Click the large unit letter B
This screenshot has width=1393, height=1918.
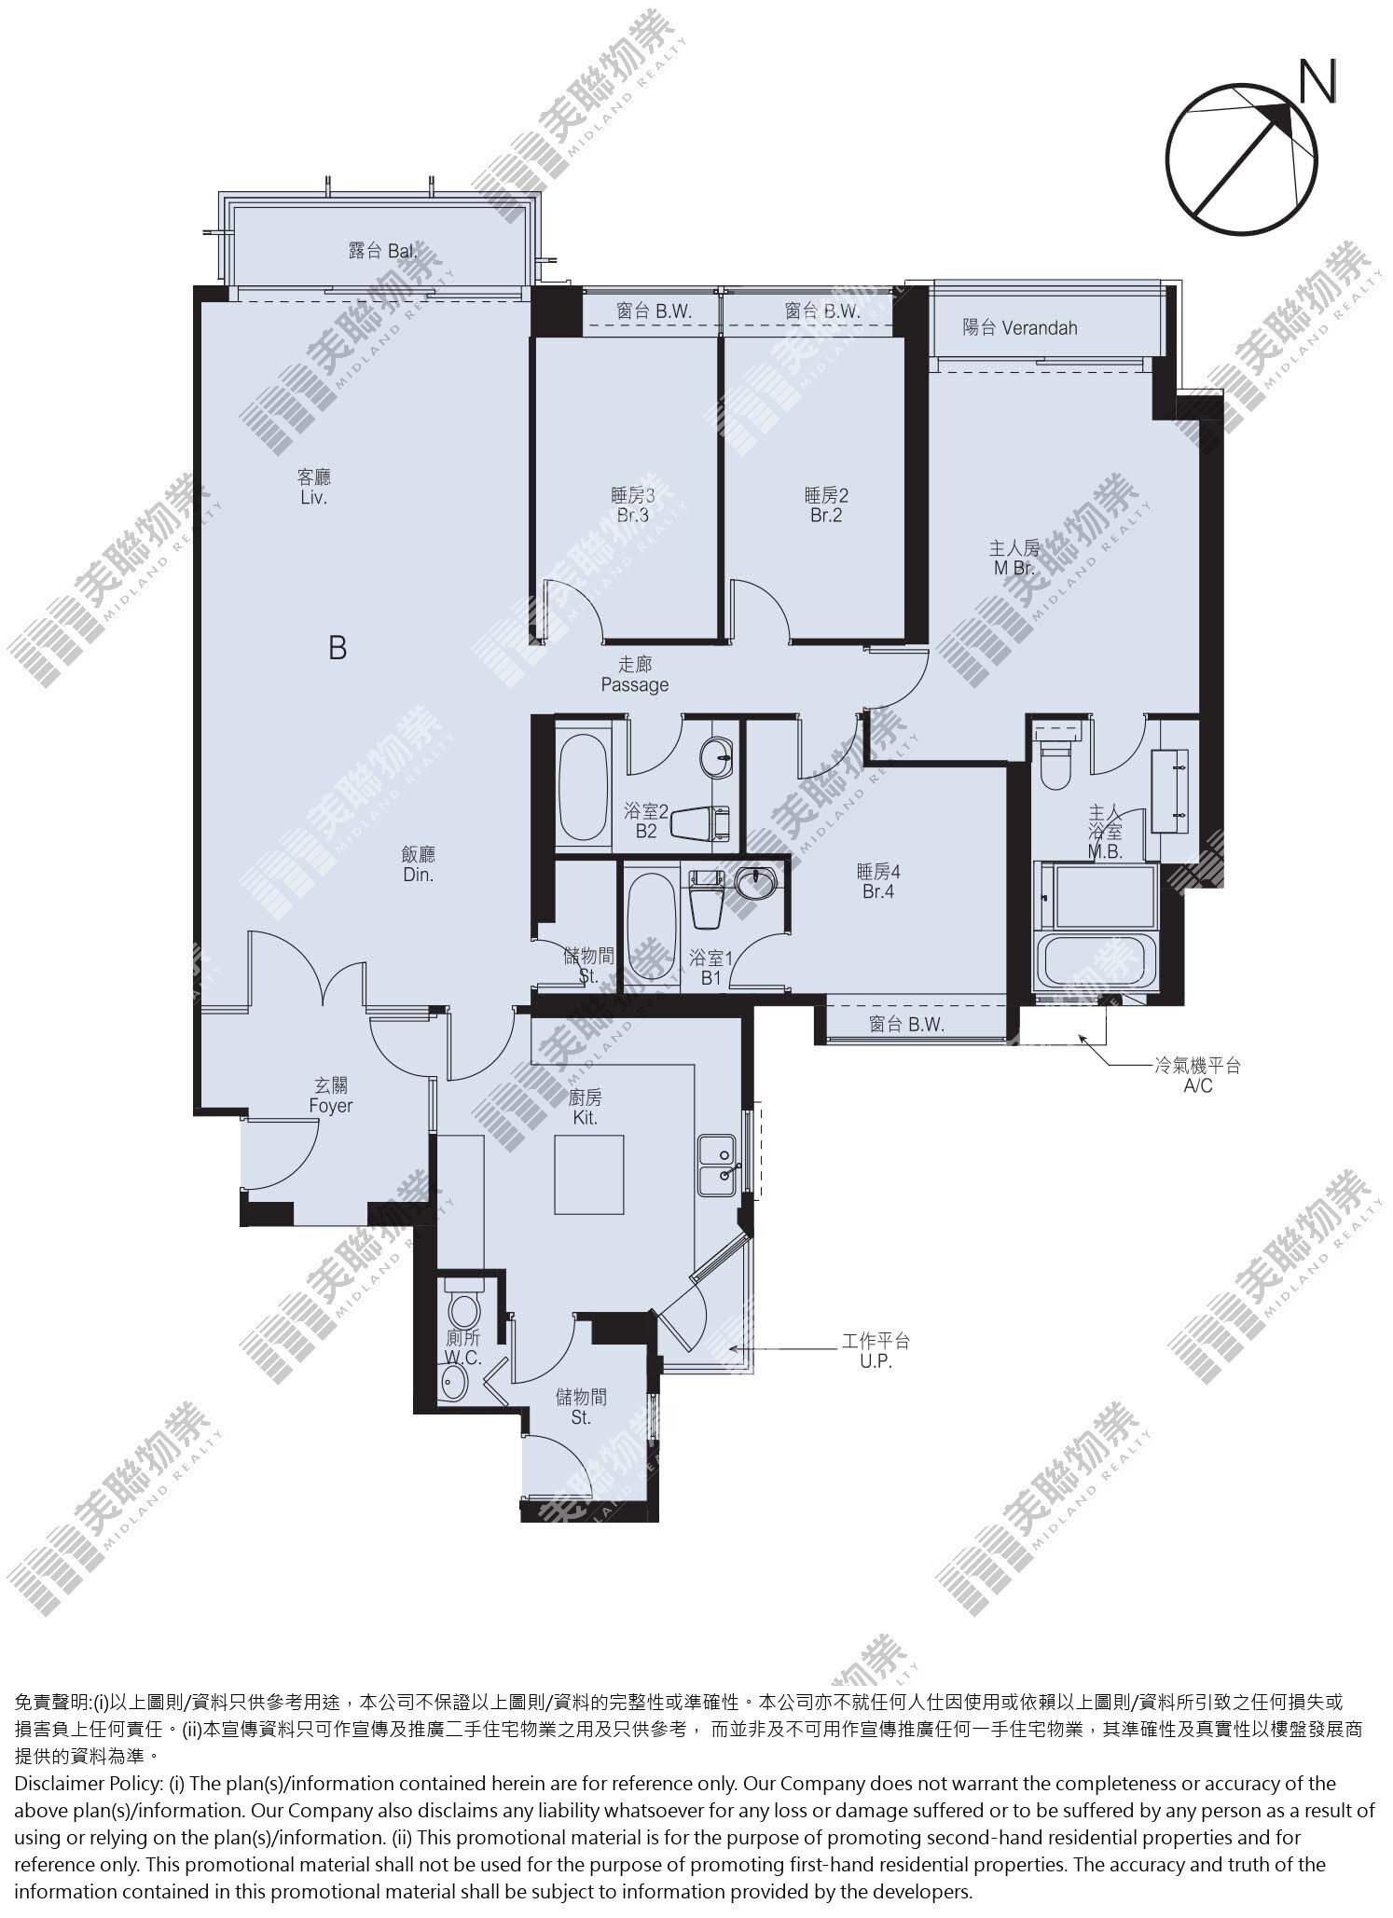pyautogui.click(x=338, y=647)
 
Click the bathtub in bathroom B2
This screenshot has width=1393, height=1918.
pyautogui.click(x=584, y=788)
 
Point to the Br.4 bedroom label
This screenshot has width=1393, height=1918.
pyautogui.click(x=878, y=881)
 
